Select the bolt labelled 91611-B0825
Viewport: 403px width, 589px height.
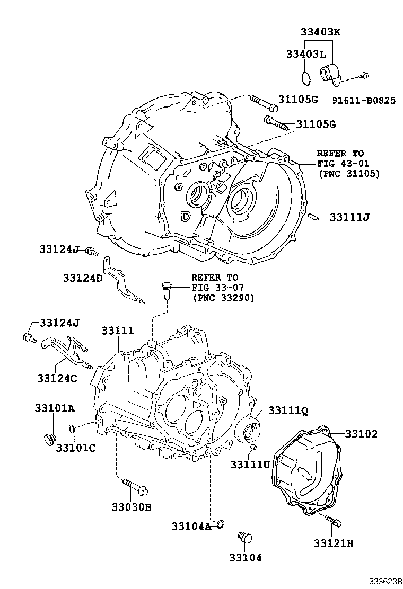(x=363, y=77)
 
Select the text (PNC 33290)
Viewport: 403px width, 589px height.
(x=222, y=298)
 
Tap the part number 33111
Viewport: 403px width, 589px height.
(x=118, y=331)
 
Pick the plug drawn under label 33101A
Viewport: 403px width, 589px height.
(x=50, y=438)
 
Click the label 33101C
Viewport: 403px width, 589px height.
(x=76, y=448)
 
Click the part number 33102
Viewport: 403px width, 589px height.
(x=361, y=434)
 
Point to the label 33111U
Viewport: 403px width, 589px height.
(x=250, y=464)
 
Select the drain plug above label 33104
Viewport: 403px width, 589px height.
(x=244, y=537)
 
